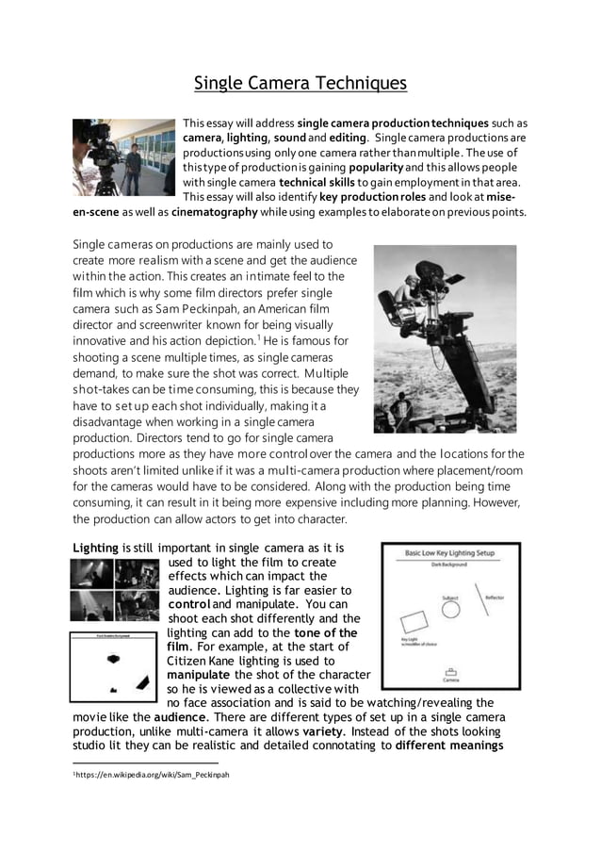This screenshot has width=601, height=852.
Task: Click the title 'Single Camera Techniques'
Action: [x=300, y=83]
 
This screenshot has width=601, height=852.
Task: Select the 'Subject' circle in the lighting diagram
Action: [x=452, y=610]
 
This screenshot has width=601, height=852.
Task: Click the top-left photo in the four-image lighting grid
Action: [x=93, y=573]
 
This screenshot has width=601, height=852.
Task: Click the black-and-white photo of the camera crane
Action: [x=445, y=338]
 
